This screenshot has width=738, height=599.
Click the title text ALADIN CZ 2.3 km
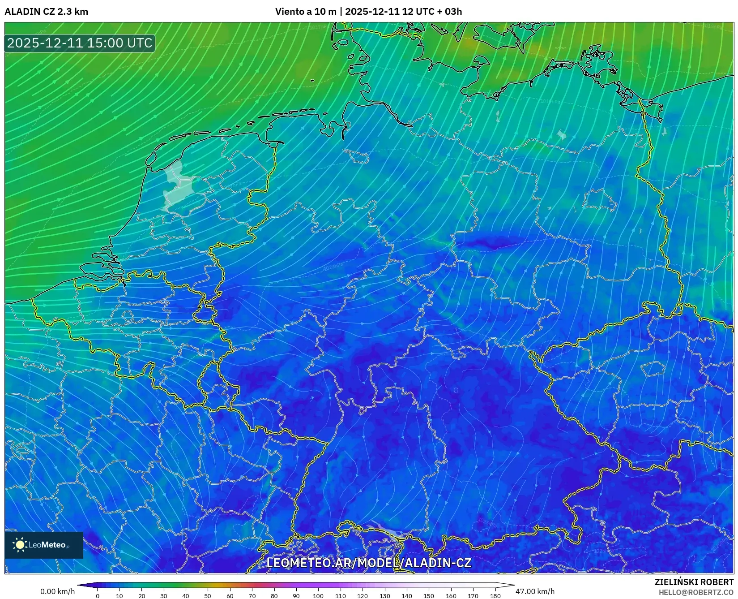[x=46, y=12]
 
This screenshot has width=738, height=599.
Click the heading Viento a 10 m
[x=305, y=12]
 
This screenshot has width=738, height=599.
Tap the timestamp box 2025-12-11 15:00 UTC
[x=80, y=43]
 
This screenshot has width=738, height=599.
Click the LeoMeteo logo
[x=44, y=545]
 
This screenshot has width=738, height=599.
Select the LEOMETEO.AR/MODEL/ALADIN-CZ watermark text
[x=369, y=563]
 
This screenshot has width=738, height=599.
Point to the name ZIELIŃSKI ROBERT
[x=694, y=582]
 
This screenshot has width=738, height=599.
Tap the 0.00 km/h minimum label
[x=57, y=591]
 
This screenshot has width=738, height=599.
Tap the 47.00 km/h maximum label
[x=535, y=591]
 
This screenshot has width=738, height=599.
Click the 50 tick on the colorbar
[x=208, y=596]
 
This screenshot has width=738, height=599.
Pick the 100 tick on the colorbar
[x=318, y=596]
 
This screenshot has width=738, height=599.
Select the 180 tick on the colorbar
[x=495, y=596]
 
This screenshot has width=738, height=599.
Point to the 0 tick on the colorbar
[x=98, y=596]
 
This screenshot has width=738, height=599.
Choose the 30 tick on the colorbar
[x=164, y=596]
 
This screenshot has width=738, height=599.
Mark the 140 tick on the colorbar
[x=406, y=596]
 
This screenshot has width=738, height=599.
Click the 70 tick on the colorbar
[x=252, y=596]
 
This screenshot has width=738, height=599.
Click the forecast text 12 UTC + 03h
[x=432, y=12]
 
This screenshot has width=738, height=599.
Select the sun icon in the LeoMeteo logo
[x=20, y=545]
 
